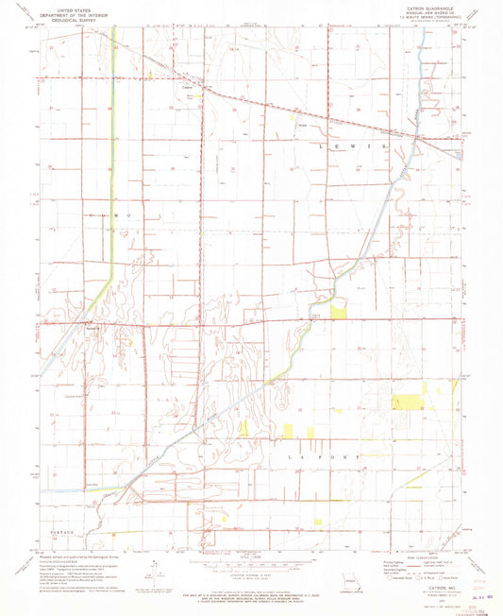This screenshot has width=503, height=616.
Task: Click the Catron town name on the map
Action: pos(187,90)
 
